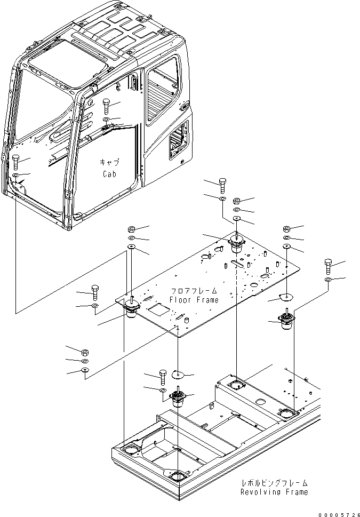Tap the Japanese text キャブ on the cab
coord(109,163)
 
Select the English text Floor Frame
coord(194,300)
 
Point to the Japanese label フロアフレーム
coord(194,291)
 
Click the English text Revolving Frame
coord(274,492)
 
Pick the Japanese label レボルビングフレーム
coord(274,482)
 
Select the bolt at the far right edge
coord(329,266)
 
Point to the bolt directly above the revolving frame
coord(162,378)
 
